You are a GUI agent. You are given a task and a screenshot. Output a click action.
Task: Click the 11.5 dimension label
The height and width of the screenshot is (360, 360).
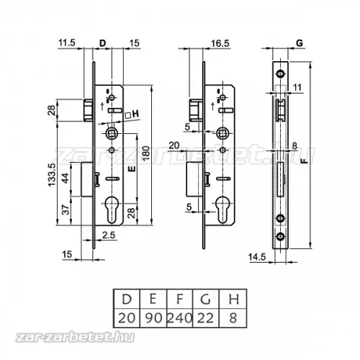(67, 42)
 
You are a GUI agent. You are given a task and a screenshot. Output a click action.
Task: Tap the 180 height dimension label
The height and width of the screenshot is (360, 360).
(145, 153)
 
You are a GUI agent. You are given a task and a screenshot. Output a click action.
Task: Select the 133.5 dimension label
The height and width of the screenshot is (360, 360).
(52, 174)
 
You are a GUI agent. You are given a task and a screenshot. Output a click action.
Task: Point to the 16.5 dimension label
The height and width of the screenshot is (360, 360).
(220, 43)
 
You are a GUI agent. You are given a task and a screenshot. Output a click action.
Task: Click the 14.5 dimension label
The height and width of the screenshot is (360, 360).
(257, 257)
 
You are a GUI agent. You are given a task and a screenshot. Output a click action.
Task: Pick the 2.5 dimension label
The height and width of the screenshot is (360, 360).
(109, 235)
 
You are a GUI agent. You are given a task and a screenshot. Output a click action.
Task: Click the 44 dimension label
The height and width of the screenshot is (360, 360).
(66, 178)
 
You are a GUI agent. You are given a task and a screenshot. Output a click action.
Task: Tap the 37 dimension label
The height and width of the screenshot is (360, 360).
(66, 210)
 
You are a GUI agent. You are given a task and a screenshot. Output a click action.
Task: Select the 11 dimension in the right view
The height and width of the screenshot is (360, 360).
(297, 87)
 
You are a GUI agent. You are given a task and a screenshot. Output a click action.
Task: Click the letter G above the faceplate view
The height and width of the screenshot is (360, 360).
(300, 43)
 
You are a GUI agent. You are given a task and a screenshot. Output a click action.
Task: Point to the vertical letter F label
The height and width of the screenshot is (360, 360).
(305, 161)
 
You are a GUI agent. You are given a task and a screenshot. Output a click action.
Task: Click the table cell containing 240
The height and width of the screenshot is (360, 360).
(179, 318)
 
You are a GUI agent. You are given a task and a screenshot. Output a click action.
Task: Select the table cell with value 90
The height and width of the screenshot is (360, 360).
(153, 318)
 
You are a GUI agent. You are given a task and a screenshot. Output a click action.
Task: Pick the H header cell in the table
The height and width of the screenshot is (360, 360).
(233, 299)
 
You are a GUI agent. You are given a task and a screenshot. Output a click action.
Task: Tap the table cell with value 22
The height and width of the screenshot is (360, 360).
(206, 318)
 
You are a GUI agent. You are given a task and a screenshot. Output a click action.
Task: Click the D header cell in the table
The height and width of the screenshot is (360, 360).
(127, 299)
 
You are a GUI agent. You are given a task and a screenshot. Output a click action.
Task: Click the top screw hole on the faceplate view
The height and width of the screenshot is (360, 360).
(280, 73)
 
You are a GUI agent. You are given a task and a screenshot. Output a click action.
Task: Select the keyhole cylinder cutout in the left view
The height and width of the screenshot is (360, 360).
(112, 210)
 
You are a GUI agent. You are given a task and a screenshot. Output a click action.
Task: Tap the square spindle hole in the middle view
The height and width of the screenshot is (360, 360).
(222, 133)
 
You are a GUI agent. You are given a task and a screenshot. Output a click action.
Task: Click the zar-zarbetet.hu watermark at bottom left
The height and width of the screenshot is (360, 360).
(75, 337)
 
